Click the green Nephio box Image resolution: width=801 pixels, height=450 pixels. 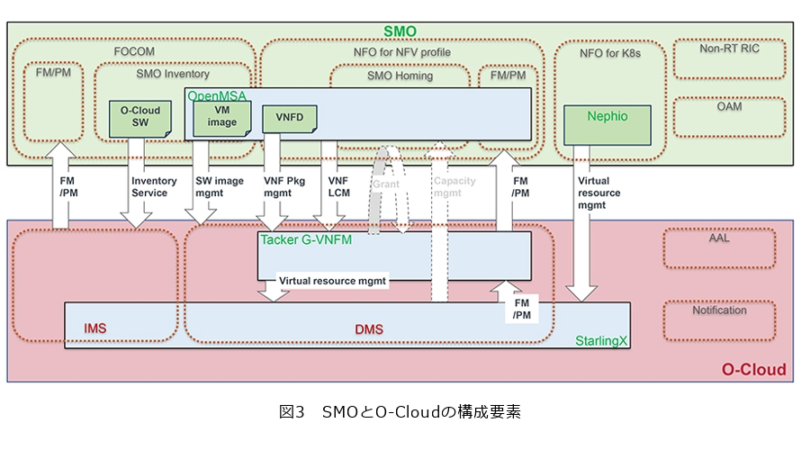point(607,117)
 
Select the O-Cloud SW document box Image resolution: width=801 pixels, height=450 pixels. point(140,118)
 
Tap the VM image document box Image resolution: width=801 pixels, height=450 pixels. point(221,117)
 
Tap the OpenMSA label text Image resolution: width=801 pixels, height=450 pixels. point(216,94)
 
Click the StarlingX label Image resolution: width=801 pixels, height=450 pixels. point(601,343)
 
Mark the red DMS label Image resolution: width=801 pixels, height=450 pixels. point(369,330)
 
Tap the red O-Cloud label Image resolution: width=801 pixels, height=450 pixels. point(754,370)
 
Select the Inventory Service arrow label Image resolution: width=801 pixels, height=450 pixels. point(149,186)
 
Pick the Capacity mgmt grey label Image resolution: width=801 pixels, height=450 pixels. point(454,186)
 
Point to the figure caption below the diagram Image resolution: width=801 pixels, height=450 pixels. point(400,413)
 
